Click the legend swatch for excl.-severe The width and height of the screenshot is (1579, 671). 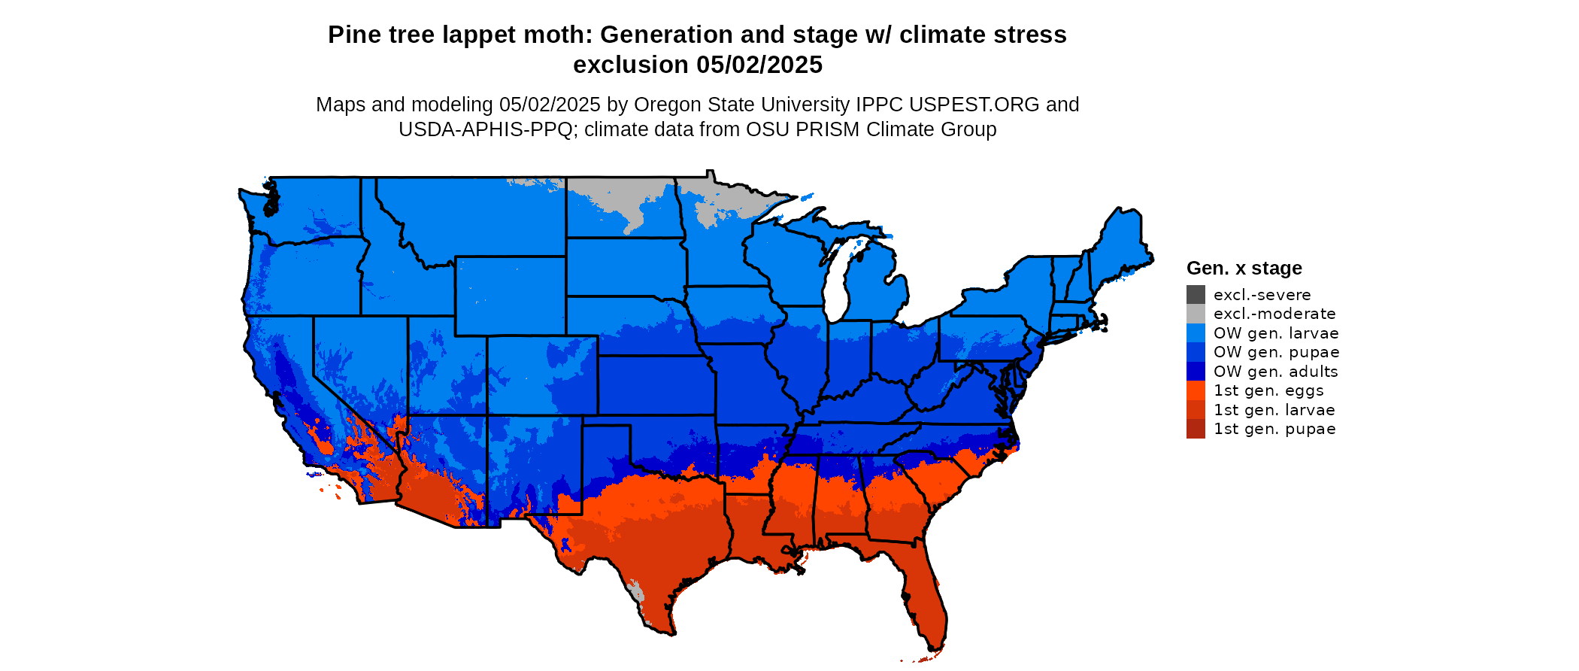coord(1196,295)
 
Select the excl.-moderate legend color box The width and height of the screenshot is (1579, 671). coord(1196,314)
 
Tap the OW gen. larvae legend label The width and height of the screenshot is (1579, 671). coord(1276,333)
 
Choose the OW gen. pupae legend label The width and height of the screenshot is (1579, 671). coord(1276,352)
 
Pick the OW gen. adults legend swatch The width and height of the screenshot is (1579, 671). coord(1196,372)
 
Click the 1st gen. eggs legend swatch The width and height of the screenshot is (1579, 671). coord(1196,390)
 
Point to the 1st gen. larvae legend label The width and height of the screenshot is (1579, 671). coord(1274,410)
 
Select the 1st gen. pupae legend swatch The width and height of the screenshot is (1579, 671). coord(1196,429)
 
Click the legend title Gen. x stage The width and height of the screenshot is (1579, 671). coord(1244,269)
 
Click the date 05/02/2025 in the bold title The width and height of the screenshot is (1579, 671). coord(759,65)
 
